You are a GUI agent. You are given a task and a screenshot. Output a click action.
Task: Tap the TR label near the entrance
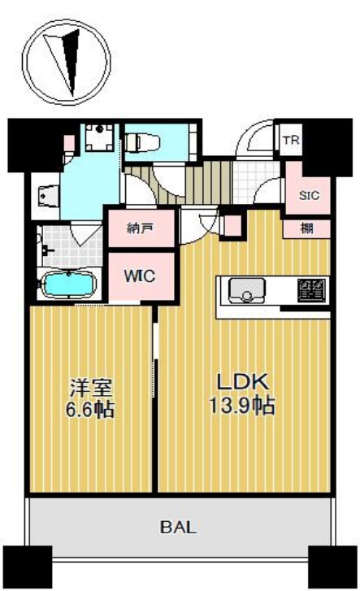289,140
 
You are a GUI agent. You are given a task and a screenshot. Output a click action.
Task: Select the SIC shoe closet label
309,195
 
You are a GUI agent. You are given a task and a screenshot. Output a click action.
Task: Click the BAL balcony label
177,526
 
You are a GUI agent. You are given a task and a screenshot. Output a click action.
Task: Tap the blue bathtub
68,285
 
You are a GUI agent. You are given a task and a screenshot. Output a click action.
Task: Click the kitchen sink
243,290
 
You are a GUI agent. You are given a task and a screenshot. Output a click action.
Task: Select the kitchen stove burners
311,289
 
